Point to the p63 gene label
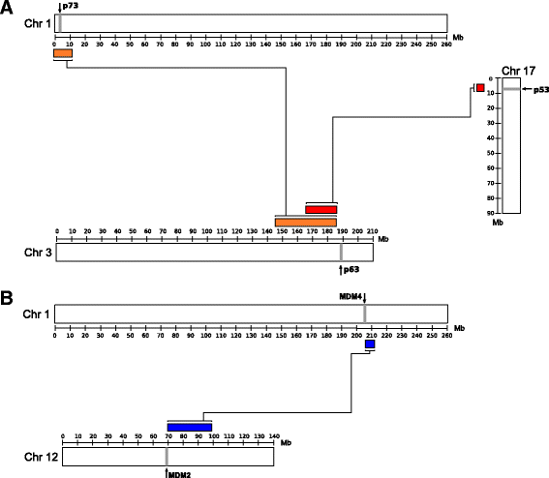click(351, 270)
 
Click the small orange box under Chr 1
click(62, 53)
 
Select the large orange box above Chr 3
click(306, 223)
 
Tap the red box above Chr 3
click(321, 209)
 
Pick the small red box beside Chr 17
click(480, 88)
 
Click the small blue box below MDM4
click(369, 344)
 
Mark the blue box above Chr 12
click(190, 427)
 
